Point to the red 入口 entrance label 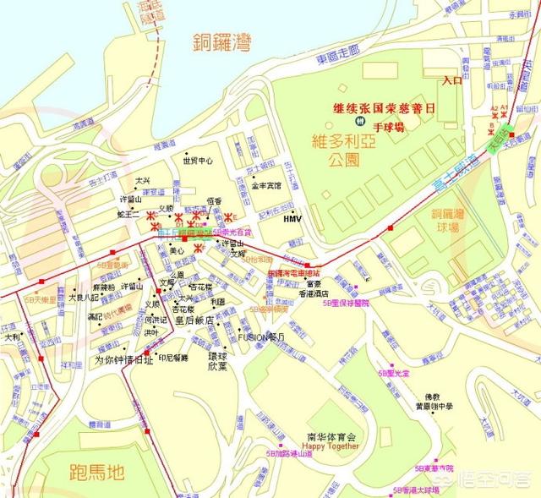[453, 80]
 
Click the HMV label [292, 218]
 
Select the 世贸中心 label [197, 161]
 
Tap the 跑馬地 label [81, 471]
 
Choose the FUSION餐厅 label [262, 336]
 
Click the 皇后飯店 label [193, 321]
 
